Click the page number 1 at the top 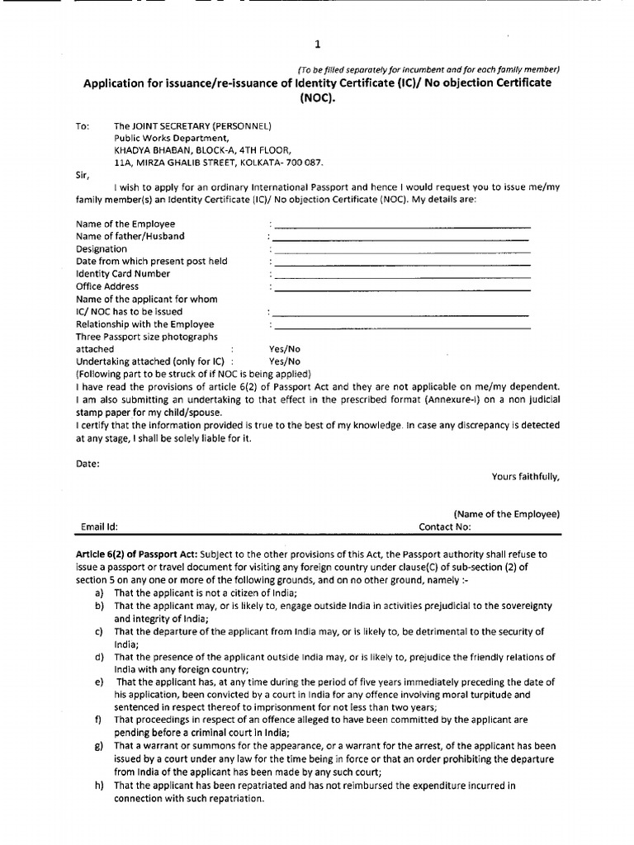click(318, 45)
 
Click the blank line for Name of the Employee click(402, 225)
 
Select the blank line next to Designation click(402, 251)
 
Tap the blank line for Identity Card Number click(402, 276)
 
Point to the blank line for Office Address click(402, 289)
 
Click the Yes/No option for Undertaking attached click(285, 361)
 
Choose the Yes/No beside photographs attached click(285, 349)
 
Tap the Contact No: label click(444, 526)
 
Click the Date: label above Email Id click(88, 464)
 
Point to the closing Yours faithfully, click(525, 476)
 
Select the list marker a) click(99, 593)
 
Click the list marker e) click(99, 682)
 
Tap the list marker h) click(99, 786)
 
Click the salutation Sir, click(83, 175)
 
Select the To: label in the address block click(83, 126)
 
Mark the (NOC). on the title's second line click(318, 97)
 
